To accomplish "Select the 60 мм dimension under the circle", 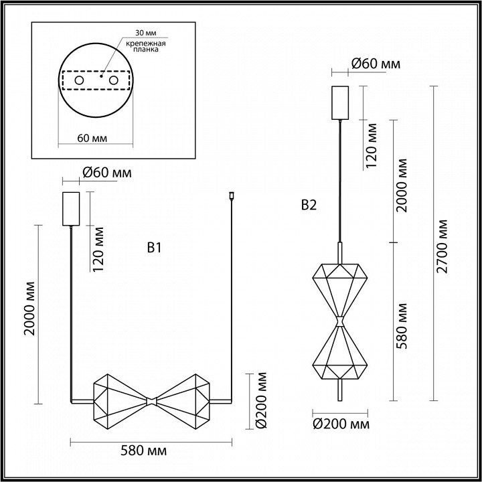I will pos(94,138).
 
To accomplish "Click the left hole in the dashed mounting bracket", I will pos(80,80).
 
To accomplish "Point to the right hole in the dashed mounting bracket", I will pos(113,80).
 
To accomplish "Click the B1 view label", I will pos(155,248).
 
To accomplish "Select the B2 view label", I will pos(309,206).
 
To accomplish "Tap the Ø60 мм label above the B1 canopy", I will pos(106,173).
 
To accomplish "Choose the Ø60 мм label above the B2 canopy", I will pos(376,64).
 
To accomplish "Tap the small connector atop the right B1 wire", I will pos(230,196).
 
